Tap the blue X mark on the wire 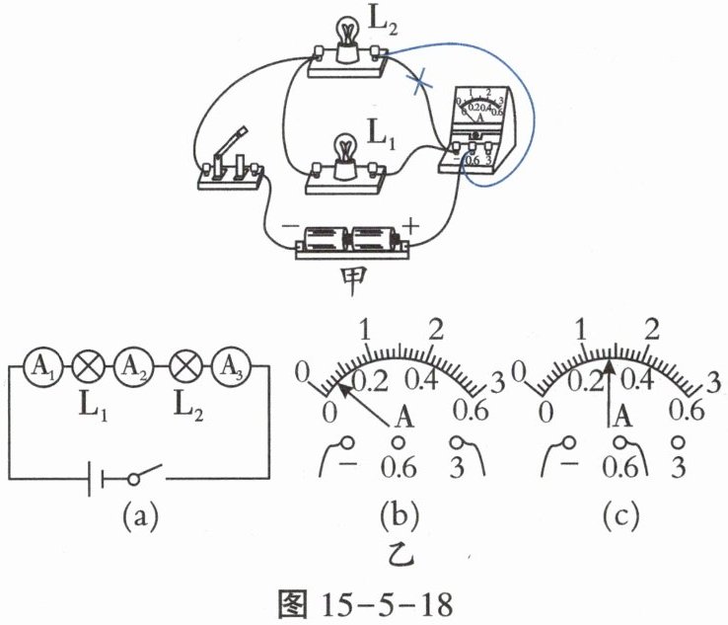422,82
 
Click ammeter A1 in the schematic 41,364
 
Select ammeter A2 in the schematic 130,364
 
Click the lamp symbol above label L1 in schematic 87,364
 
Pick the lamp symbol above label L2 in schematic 182,364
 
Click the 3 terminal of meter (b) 458,443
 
